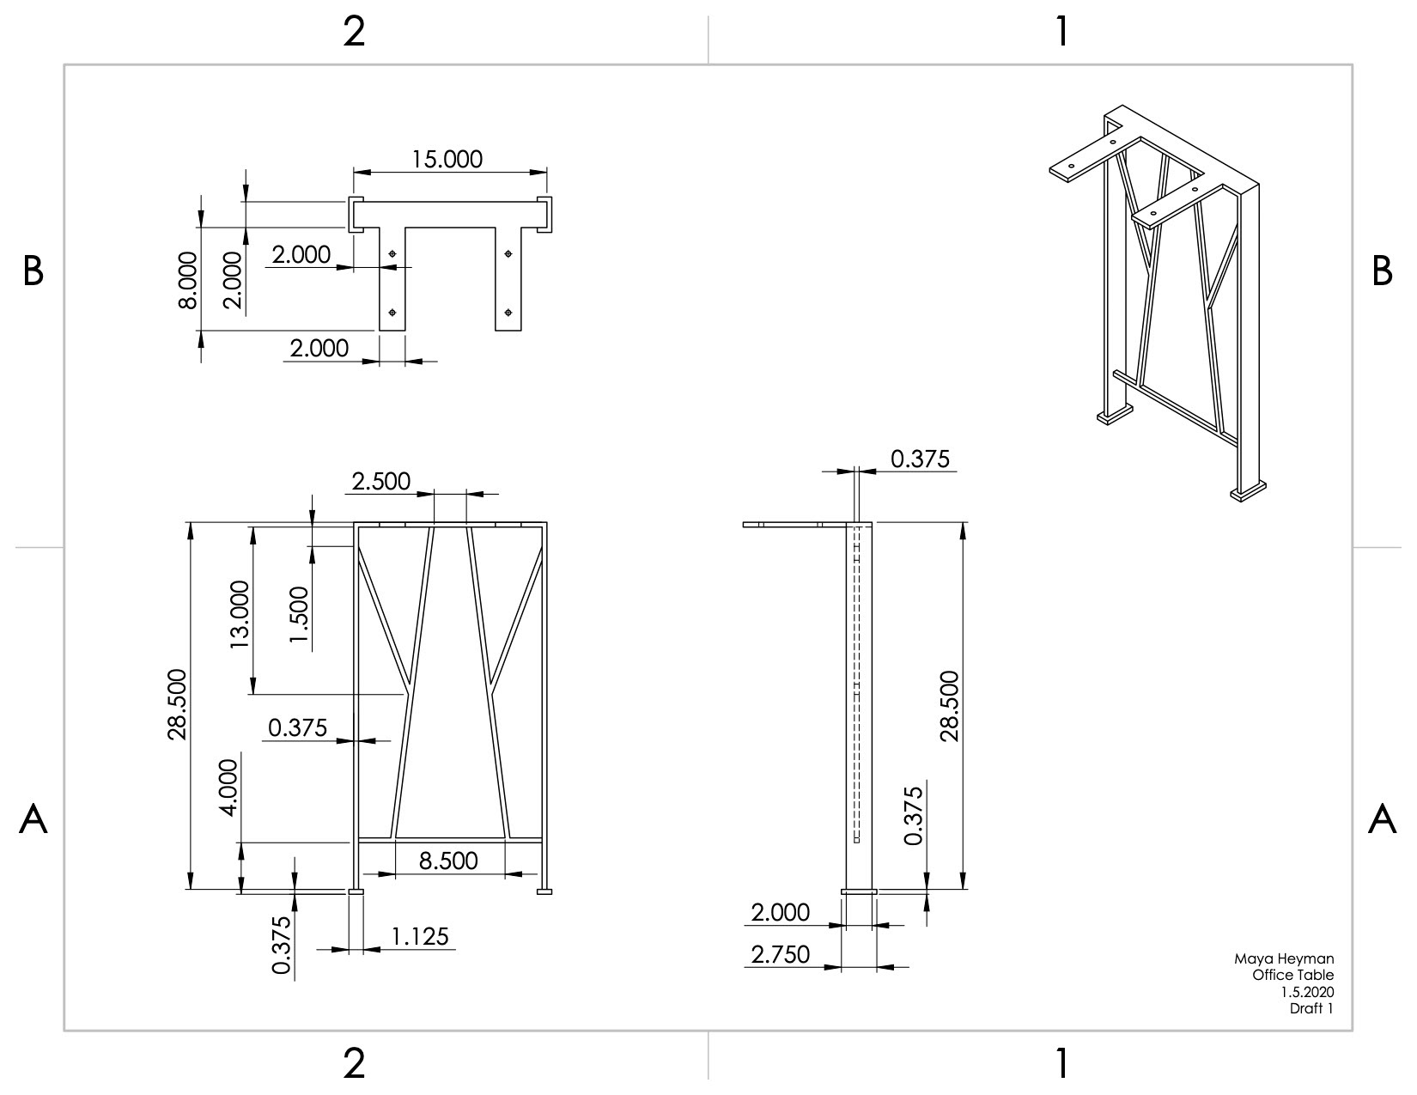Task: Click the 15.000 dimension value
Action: [447, 159]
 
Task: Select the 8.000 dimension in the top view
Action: [188, 281]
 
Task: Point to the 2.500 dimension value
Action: [380, 481]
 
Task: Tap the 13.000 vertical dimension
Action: [240, 614]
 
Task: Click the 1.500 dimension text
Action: [299, 614]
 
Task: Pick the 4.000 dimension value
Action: [229, 788]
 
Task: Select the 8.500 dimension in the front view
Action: [448, 861]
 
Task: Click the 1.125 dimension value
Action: [420, 937]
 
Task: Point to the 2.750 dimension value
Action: [780, 955]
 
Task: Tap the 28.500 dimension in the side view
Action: [950, 706]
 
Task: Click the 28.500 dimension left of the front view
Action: [177, 704]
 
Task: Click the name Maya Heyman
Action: [1284, 958]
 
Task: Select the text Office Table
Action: [1293, 975]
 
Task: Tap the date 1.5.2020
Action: [1307, 992]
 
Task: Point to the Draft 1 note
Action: [1311, 1008]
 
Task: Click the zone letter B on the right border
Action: [1383, 271]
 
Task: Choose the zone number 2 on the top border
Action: [354, 32]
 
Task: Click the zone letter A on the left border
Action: [33, 818]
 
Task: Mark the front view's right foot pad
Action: [544, 891]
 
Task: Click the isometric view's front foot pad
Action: [1248, 491]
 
